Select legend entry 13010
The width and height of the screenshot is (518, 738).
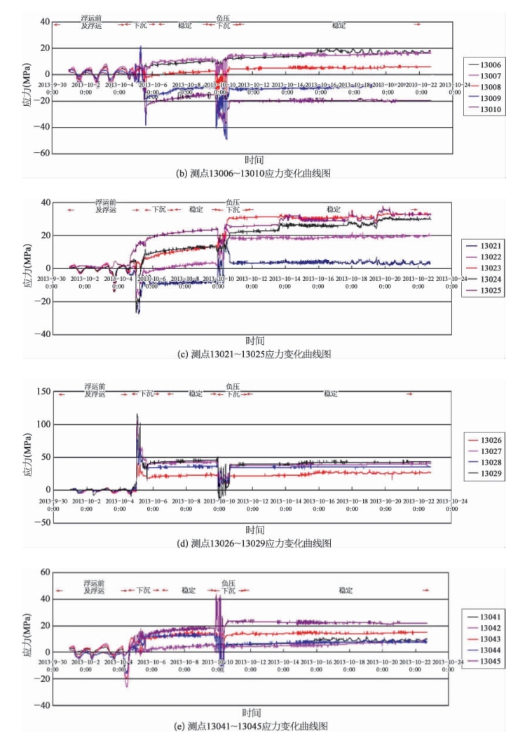tap(489, 109)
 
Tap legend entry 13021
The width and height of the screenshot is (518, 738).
tap(489, 245)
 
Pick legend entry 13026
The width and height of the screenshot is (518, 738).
tap(489, 440)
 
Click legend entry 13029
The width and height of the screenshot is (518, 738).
tap(489, 474)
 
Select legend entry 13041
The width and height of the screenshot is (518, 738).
tap(489, 617)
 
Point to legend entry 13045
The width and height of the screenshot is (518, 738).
tap(489, 662)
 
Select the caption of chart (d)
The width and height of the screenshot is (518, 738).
tap(255, 543)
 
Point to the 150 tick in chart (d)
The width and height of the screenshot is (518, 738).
tap(41, 391)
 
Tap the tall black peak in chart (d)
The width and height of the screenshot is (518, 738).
tap(137, 415)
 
